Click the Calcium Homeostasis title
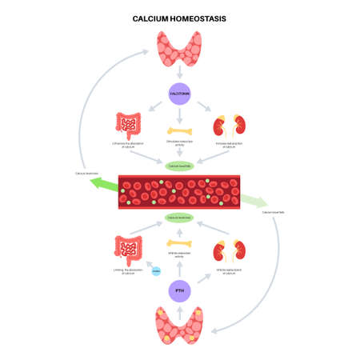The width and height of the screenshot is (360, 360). tap(179, 17)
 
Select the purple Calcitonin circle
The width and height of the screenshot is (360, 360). tap(179, 94)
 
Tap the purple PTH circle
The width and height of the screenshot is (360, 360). tap(179, 291)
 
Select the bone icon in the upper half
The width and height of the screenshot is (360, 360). tap(179, 130)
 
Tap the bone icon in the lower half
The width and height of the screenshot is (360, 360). tap(179, 243)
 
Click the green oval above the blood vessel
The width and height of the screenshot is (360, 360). tap(179, 166)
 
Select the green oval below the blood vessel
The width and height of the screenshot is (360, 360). tap(179, 217)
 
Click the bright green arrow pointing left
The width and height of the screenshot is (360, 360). tap(102, 184)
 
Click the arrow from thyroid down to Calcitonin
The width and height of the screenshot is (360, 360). tap(179, 74)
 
